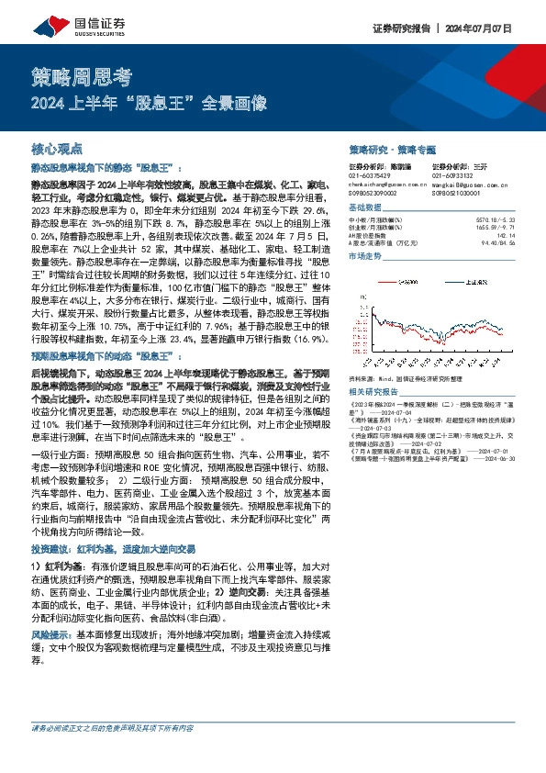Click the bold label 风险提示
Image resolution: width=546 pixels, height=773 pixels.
click(x=52, y=633)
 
